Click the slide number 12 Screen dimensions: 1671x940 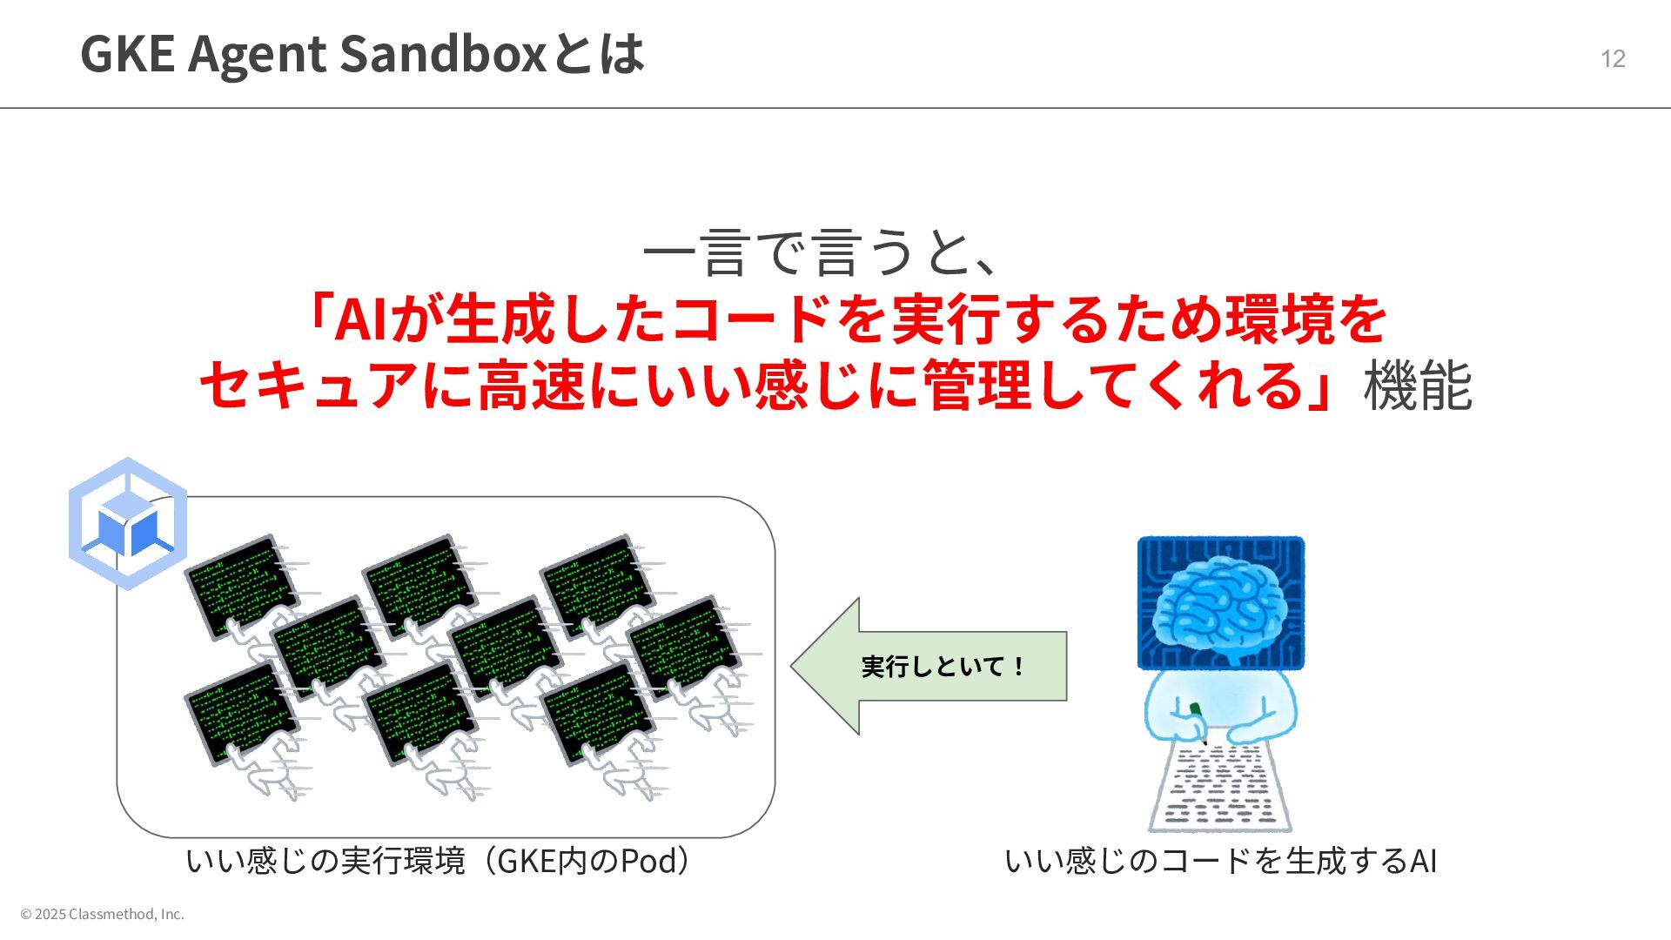[1613, 58]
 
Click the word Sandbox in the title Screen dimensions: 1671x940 [442, 53]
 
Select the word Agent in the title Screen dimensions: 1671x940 [256, 53]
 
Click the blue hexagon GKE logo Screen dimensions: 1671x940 [128, 524]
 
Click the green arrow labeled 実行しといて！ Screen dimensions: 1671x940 [929, 666]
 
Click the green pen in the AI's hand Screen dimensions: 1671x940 [1196, 711]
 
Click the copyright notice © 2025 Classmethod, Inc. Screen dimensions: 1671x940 [103, 914]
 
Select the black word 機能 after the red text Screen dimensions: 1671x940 [1417, 386]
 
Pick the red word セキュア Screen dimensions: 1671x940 [309, 386]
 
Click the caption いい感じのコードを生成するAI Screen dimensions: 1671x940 [1220, 861]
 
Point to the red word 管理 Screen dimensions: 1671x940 [976, 386]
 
